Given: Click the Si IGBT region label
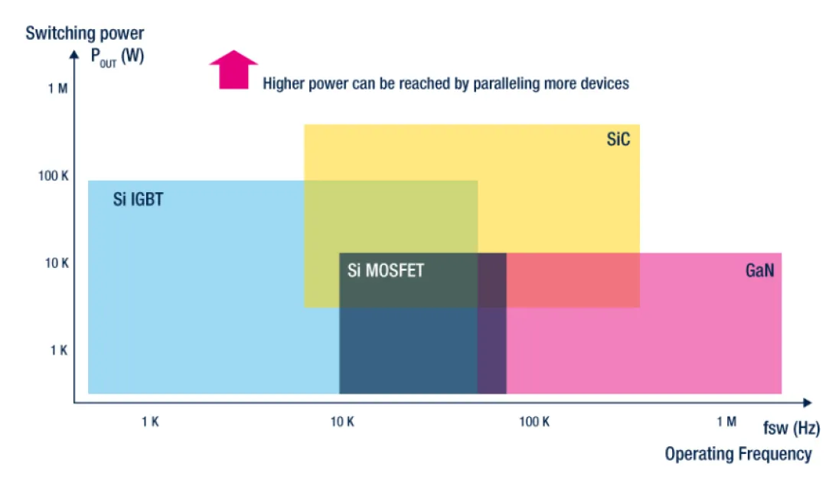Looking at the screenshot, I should pyautogui.click(x=138, y=201).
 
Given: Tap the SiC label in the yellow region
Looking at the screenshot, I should pyautogui.click(x=618, y=139).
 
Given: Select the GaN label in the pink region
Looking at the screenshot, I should pyautogui.click(x=759, y=270).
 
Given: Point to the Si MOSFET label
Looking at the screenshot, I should pyautogui.click(x=385, y=270).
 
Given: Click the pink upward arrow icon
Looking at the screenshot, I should pyautogui.click(x=233, y=70).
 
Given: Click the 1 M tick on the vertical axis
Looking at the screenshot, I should pyautogui.click(x=57, y=89).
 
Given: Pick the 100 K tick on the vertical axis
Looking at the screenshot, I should pyautogui.click(x=54, y=176).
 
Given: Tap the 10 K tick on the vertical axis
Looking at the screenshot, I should pyautogui.click(x=57, y=263).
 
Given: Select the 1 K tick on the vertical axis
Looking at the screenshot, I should pyautogui.click(x=59, y=351).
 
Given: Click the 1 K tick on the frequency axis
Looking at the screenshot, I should pyautogui.click(x=150, y=422).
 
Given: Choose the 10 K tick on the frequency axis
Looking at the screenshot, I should pyautogui.click(x=342, y=422).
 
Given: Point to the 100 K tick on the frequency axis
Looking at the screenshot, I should pyautogui.click(x=534, y=422).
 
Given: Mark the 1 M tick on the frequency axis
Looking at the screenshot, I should pyautogui.click(x=726, y=422).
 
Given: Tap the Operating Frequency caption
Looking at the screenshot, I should pyautogui.click(x=738, y=454).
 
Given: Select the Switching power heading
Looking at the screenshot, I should pyautogui.click(x=85, y=34).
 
